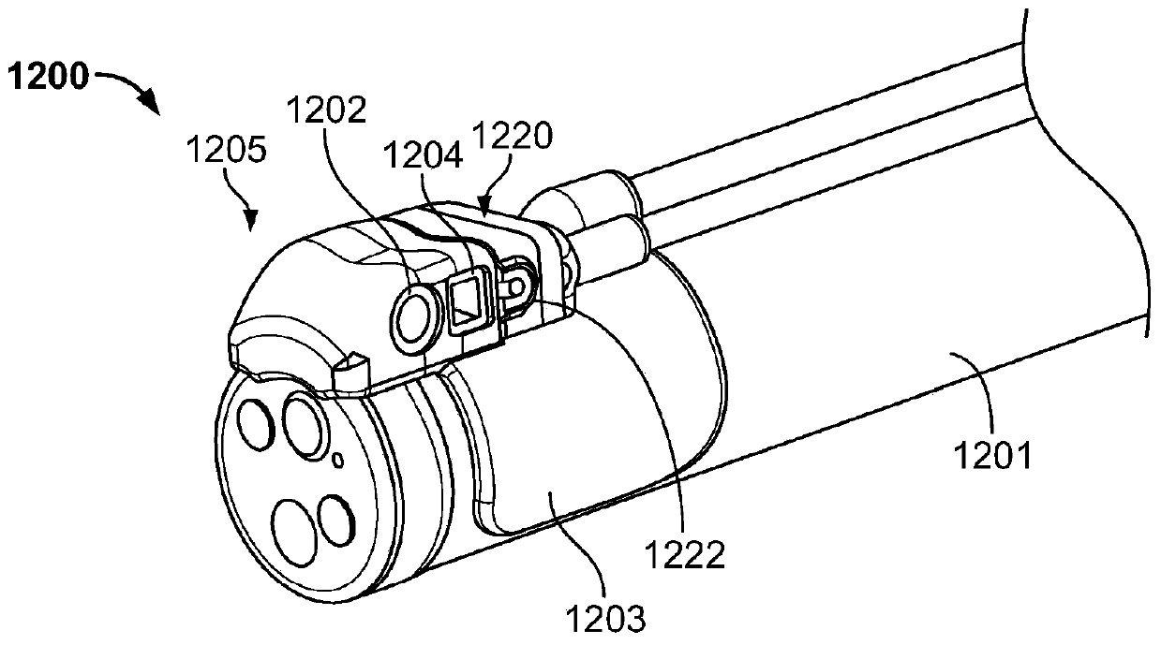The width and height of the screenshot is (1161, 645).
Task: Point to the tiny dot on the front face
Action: (339, 459)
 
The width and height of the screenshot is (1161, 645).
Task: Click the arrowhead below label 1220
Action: (485, 198)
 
